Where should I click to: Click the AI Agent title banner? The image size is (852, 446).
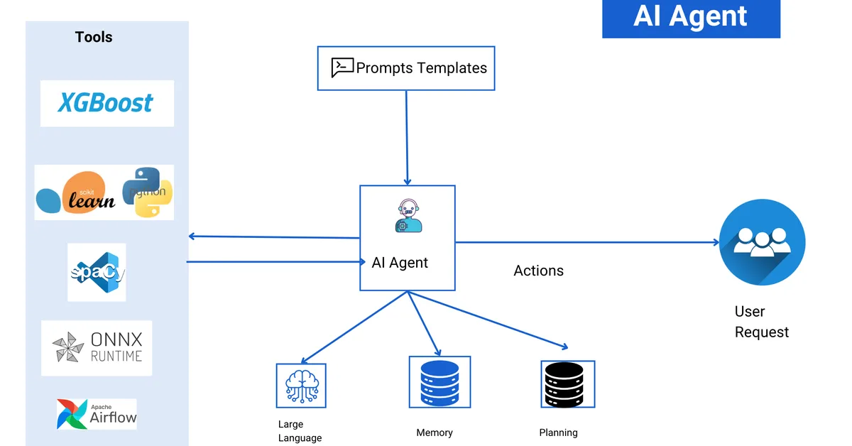click(x=690, y=17)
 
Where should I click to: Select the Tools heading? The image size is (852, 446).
click(x=94, y=37)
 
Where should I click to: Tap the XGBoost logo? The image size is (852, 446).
click(x=106, y=103)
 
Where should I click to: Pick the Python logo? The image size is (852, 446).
click(x=148, y=191)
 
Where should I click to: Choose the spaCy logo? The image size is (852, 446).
click(x=97, y=272)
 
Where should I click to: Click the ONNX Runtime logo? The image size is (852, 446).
click(x=97, y=347)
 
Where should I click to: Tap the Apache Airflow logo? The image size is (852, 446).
click(x=97, y=413)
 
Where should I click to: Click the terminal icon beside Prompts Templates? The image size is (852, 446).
click(x=342, y=67)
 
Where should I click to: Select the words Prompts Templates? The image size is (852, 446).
click(x=422, y=68)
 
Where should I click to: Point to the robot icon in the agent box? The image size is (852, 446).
click(x=408, y=216)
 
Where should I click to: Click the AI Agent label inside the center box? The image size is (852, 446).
click(x=400, y=263)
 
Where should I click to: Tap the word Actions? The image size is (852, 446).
click(x=538, y=271)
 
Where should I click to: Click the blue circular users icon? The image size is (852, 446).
click(x=762, y=241)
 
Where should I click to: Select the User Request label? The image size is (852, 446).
click(x=760, y=322)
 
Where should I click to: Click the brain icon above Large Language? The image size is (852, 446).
click(x=301, y=386)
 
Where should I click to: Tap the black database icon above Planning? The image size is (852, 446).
click(x=567, y=384)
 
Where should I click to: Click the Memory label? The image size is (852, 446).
click(x=435, y=433)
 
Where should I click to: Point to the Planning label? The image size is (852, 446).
click(x=559, y=433)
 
